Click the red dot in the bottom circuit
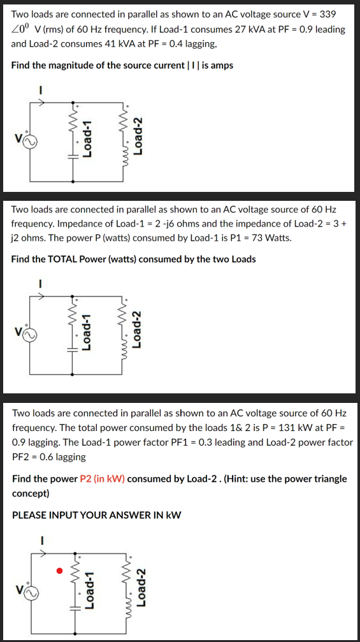pos(59,570)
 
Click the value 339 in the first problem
pos(327,14)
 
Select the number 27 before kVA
pos(230,29)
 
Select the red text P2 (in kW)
pos(102,478)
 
